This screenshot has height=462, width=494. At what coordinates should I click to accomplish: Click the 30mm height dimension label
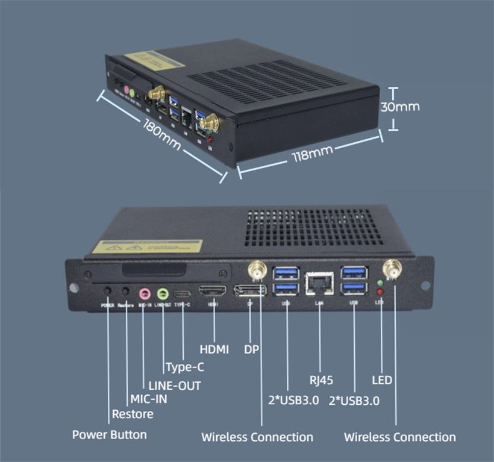399,107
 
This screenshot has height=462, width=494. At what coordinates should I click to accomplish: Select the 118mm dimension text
313,154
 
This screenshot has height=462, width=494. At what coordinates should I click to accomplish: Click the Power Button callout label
109,434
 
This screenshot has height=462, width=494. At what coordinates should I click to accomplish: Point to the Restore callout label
133,414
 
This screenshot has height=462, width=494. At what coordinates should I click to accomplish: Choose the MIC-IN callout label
149,399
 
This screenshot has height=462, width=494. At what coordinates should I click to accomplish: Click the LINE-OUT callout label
174,385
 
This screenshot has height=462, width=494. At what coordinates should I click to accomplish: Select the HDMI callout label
214,349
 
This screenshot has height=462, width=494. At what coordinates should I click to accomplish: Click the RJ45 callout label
321,380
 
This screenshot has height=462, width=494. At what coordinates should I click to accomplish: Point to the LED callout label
382,380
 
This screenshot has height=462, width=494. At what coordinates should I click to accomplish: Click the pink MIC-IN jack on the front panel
145,294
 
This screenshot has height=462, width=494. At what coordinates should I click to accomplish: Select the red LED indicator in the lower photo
380,293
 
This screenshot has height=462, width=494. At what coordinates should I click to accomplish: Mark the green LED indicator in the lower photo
380,282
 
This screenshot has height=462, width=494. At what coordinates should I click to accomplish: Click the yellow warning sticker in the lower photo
147,247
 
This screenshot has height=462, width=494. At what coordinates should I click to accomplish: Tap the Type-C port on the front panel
183,294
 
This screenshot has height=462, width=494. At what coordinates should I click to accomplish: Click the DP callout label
251,349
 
